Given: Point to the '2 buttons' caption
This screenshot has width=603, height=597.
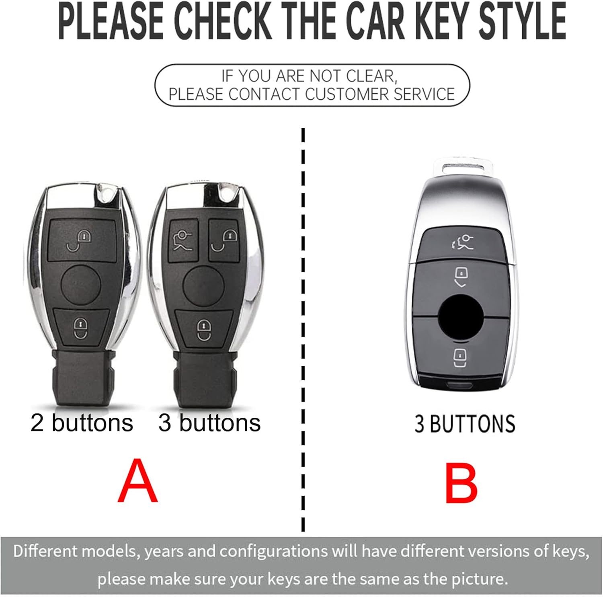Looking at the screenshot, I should [82, 423].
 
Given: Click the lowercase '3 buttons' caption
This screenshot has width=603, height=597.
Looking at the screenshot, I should [209, 423].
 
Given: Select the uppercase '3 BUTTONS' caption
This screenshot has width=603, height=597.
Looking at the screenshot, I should [465, 424].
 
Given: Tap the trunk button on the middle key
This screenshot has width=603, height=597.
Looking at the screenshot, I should [183, 240].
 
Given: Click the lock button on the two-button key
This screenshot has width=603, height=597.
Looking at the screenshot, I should [81, 326].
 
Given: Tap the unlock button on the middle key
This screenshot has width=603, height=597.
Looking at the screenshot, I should [224, 240].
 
